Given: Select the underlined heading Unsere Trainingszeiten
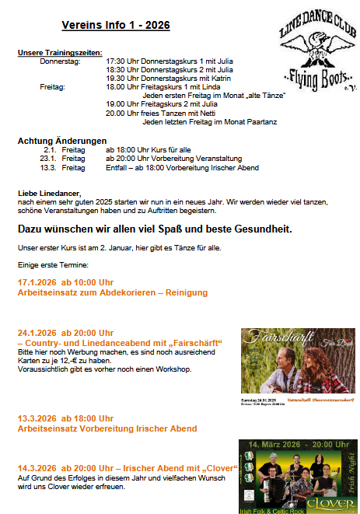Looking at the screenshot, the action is point(58,51).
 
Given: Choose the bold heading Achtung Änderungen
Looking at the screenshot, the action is point(61,140).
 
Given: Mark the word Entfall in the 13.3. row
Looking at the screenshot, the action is point(117,167).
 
